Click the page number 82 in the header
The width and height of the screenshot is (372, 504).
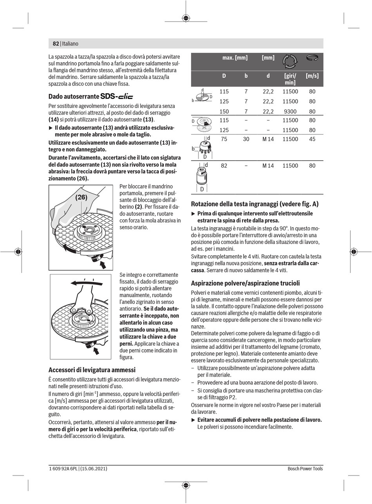(56, 44)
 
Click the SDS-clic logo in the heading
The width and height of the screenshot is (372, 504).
(117, 96)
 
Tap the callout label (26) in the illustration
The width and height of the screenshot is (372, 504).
(81, 197)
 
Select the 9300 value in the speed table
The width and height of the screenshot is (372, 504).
(290, 111)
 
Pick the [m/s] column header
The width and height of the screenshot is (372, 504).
(312, 76)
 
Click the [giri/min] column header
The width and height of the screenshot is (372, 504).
(290, 79)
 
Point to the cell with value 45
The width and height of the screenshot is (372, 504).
(312, 139)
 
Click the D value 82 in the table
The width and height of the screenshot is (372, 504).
(224, 166)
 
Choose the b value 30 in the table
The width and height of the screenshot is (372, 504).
(246, 139)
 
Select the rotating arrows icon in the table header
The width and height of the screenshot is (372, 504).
(290, 61)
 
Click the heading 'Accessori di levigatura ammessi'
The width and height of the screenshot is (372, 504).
(92, 370)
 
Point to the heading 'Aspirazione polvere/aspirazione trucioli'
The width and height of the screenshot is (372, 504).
(245, 283)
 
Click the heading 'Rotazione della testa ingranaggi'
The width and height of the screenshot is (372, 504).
(255, 204)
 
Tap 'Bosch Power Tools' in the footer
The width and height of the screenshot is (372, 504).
(305, 468)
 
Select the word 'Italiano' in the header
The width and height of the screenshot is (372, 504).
(70, 44)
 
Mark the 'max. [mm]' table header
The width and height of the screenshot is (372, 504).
(235, 58)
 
